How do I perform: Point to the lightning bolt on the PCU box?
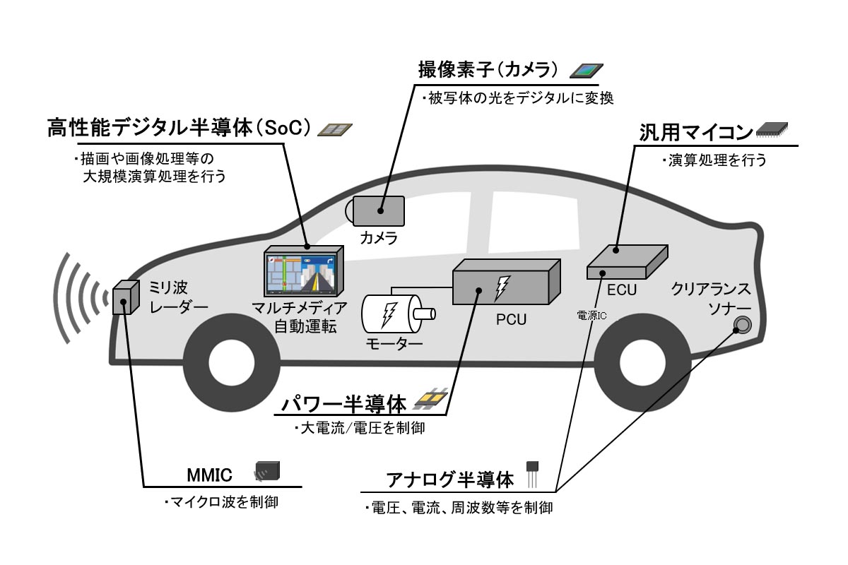tap(502, 286)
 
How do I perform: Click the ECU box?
tap(626, 263)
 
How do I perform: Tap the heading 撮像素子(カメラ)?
tap(488, 71)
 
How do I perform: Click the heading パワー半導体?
tap(344, 405)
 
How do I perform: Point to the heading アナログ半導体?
tap(450, 480)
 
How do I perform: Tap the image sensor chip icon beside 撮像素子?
tap(587, 69)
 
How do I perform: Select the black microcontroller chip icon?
tap(772, 129)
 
